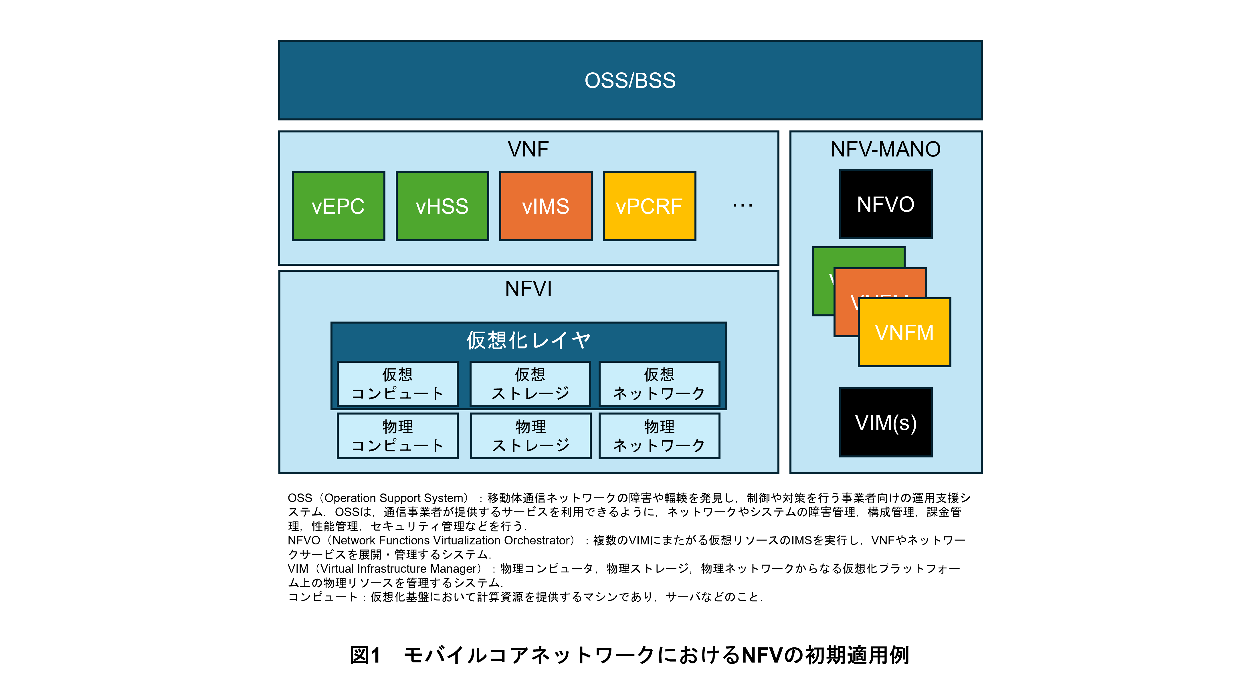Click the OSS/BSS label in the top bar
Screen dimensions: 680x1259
point(630,81)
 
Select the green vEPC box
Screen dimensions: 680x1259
point(338,206)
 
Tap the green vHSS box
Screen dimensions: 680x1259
point(442,206)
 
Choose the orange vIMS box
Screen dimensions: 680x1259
point(545,206)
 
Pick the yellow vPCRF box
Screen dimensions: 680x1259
point(649,206)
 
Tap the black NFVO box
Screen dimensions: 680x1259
point(886,204)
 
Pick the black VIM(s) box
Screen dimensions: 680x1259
point(886,423)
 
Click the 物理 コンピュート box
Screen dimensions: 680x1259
point(397,436)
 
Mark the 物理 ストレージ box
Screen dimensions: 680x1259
point(530,436)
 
